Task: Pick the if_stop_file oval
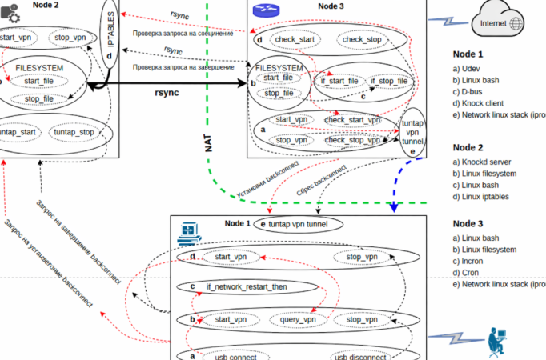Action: [389, 81]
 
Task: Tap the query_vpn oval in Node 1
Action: [299, 319]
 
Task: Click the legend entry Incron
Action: [473, 260]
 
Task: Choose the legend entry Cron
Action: [470, 272]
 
